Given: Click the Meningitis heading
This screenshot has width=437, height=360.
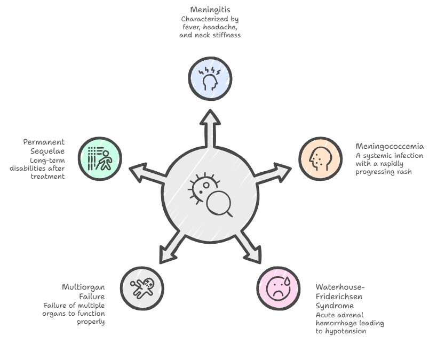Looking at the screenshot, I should click(210, 10).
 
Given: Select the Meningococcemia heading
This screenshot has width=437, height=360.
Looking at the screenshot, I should click(390, 146).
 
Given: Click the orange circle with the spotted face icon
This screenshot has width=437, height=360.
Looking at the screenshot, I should click(320, 158).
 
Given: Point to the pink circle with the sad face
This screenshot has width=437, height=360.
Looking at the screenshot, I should click(279, 287).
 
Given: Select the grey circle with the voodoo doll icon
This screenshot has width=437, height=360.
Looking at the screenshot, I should click(142, 288).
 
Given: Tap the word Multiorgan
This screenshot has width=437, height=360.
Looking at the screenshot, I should click(83, 287).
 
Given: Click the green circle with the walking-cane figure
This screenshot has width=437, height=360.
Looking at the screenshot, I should click(100, 158).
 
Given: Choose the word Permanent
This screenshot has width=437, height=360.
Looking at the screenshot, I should click(44, 142).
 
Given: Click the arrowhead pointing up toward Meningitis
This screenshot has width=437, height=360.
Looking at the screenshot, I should click(211, 118).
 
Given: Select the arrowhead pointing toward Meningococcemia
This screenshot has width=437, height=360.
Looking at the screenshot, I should click(281, 172).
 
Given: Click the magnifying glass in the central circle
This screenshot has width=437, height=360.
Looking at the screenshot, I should click(219, 203).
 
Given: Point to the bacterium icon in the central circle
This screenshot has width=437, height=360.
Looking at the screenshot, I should click(201, 187).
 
